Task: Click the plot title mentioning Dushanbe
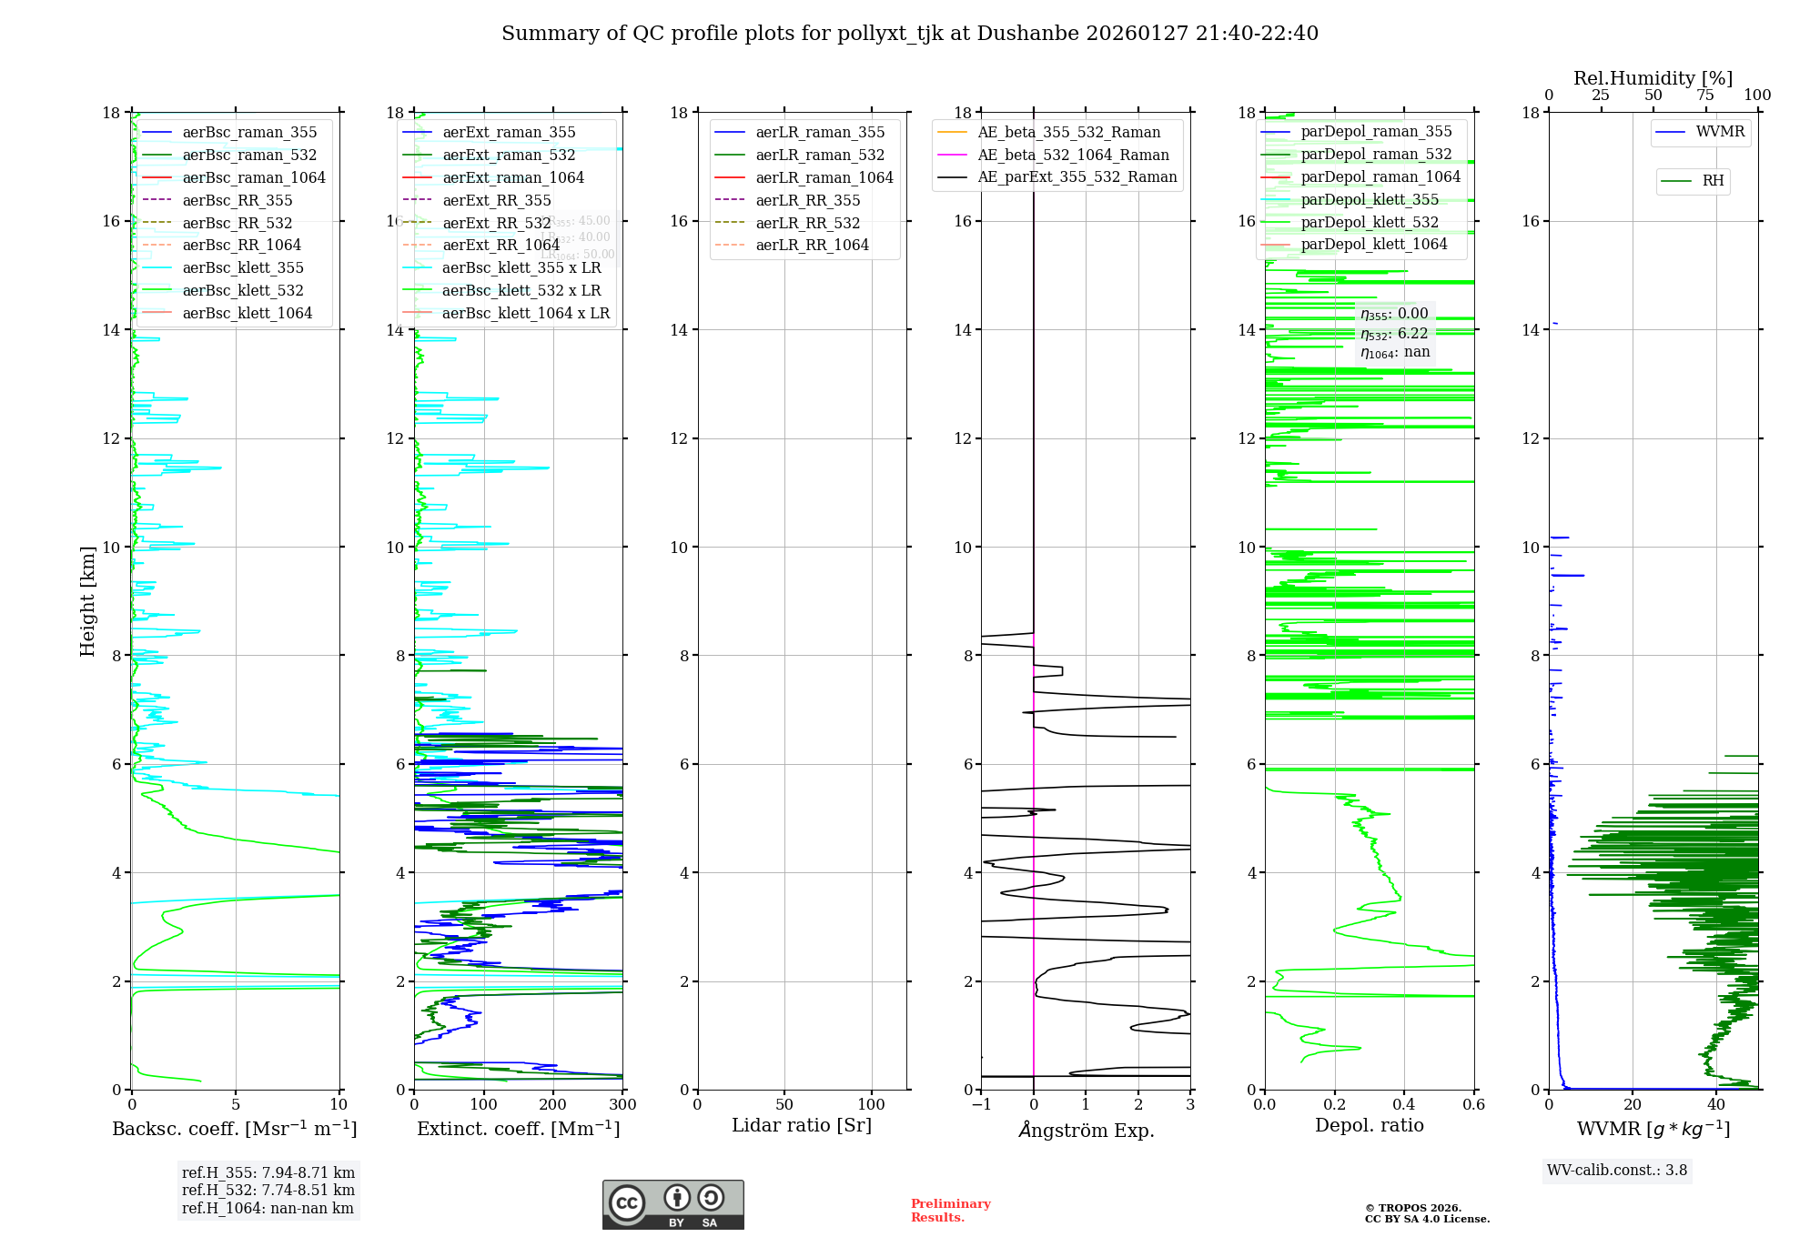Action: tap(910, 34)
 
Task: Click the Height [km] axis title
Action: tap(87, 600)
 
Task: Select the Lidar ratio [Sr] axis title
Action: tap(802, 1125)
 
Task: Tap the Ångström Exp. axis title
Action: tap(1086, 1130)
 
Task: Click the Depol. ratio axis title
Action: tap(1369, 1125)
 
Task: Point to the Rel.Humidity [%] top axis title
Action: tap(1653, 78)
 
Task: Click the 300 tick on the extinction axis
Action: tap(622, 1105)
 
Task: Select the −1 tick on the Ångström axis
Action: tap(981, 1105)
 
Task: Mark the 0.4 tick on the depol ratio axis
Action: tap(1403, 1105)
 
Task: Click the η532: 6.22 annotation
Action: tap(1394, 334)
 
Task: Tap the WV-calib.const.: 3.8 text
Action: tap(1617, 1171)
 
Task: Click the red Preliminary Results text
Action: tap(950, 1211)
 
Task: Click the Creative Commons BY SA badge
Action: tap(672, 1205)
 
